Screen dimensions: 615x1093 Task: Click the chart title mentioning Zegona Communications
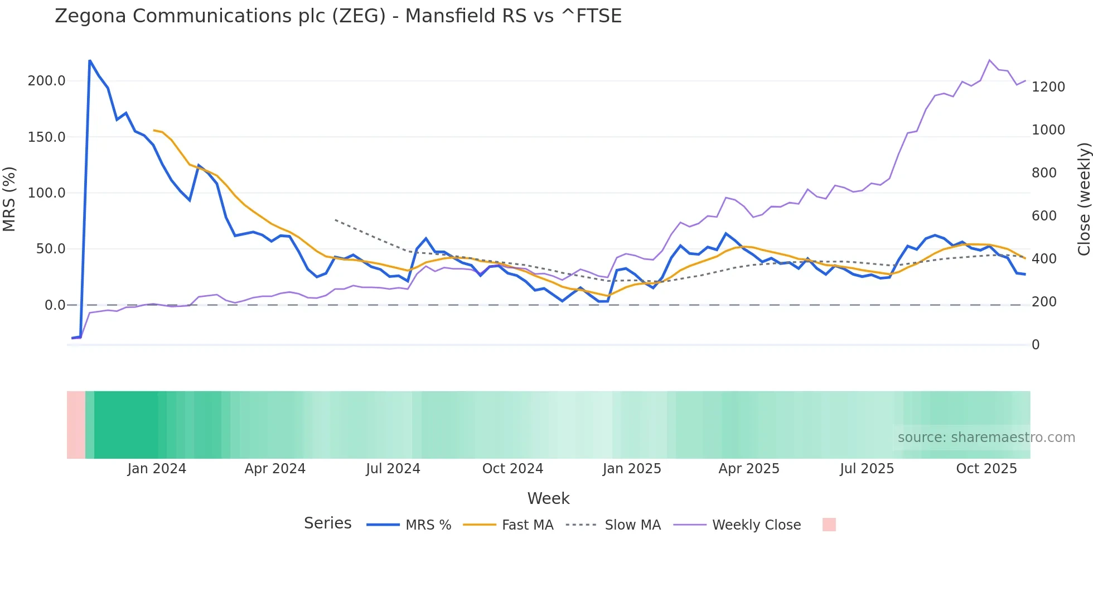(x=338, y=16)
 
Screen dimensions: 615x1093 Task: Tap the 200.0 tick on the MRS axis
(x=47, y=81)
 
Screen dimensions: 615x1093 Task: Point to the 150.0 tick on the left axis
(x=47, y=137)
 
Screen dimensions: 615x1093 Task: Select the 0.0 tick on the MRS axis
(x=55, y=305)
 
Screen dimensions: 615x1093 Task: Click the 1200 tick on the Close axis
(x=1048, y=87)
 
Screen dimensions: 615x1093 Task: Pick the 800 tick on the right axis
(x=1044, y=173)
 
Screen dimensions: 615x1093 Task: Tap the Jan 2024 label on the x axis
(x=157, y=469)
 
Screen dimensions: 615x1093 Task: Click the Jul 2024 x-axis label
(x=393, y=469)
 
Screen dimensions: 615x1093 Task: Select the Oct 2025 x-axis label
(x=986, y=469)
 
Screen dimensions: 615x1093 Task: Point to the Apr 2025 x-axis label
(x=749, y=469)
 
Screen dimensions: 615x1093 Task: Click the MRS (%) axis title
(x=9, y=199)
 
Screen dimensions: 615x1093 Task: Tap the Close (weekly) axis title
(x=1084, y=199)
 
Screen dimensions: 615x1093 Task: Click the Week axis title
(x=548, y=498)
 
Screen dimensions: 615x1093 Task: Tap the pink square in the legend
(x=829, y=525)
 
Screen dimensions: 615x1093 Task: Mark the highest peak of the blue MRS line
(x=90, y=60)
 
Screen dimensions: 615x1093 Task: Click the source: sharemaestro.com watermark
(x=986, y=438)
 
